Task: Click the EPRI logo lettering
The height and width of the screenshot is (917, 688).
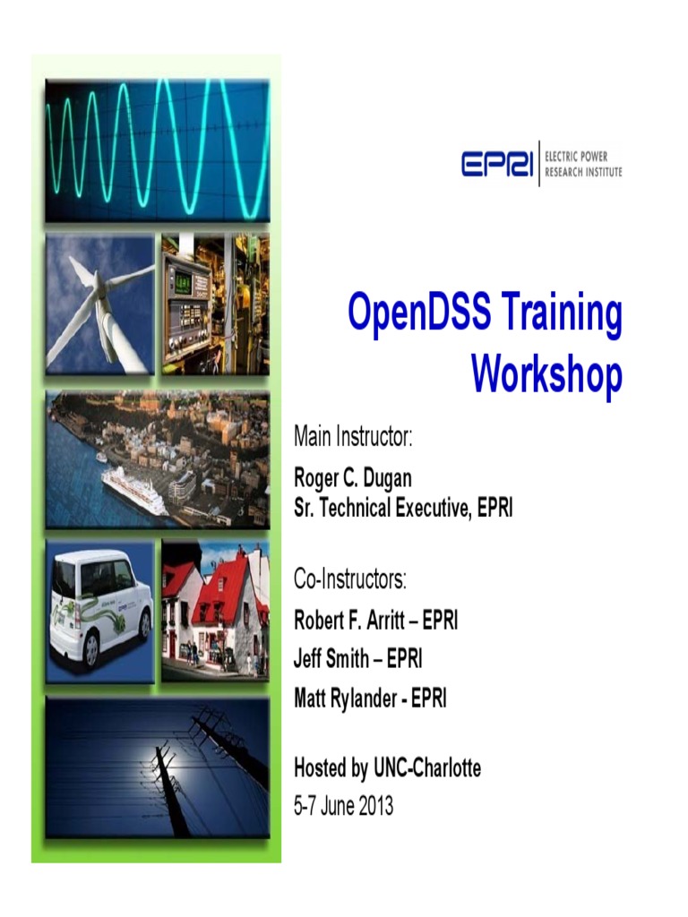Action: (497, 164)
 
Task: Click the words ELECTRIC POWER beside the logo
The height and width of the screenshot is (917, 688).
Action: (583, 156)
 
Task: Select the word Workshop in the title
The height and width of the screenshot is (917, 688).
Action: (546, 375)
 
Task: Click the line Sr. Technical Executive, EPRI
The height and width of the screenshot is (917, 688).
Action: (403, 508)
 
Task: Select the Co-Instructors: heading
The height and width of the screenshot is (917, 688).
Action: (350, 579)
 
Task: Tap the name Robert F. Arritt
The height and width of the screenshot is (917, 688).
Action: (350, 621)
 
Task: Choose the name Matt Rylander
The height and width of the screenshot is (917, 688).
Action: (345, 698)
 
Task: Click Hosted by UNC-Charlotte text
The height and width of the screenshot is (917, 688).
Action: (387, 768)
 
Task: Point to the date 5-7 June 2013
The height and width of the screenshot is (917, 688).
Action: (343, 806)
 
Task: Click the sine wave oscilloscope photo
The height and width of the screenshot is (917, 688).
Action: (157, 150)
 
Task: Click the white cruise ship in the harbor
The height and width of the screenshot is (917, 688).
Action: (134, 489)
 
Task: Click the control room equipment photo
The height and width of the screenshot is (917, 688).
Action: (215, 304)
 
